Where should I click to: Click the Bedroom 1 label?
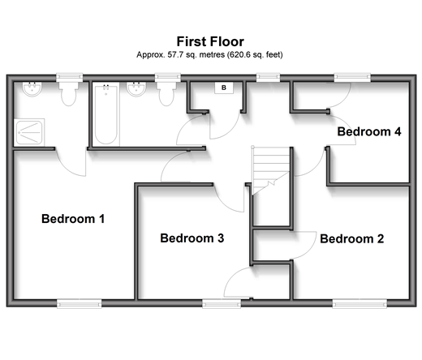pos(73,219)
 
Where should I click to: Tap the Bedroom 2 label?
pos(352,238)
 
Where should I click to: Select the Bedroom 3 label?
pos(192,238)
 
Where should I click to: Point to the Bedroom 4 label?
pos(369,131)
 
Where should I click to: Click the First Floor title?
pos(210,41)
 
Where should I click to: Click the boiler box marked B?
pos(224,88)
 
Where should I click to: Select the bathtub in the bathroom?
pos(106,114)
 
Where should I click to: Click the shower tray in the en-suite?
pos(29,132)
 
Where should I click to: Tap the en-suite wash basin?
pos(32,89)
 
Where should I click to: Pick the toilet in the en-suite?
pos(68,94)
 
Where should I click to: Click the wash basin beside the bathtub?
pos(136,89)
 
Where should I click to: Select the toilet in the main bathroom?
pos(166,94)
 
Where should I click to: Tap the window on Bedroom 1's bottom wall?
pos(80,303)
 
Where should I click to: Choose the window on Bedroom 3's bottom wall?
pos(222,303)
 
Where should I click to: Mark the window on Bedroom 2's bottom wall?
pos(360,303)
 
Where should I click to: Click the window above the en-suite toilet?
pos(69,77)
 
